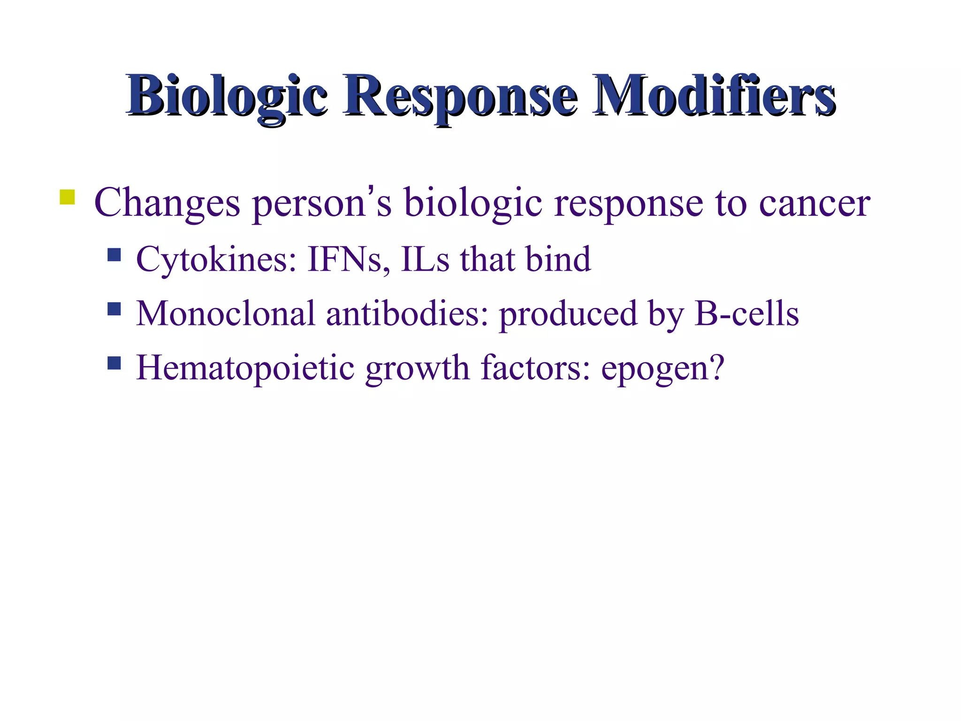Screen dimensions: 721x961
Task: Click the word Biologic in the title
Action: click(x=226, y=96)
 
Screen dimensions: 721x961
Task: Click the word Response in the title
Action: click(x=460, y=96)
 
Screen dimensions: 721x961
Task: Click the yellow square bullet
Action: click(x=68, y=197)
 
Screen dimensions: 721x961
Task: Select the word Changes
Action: click(x=167, y=203)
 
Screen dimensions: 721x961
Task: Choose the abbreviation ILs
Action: click(x=425, y=260)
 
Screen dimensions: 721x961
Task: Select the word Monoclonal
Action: click(x=225, y=313)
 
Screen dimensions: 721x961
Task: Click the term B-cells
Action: click(x=746, y=313)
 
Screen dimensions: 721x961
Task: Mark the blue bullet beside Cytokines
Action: click(x=114, y=255)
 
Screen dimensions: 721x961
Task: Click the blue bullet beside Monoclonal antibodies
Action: click(x=114, y=308)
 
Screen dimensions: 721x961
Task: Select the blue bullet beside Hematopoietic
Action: click(x=114, y=363)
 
